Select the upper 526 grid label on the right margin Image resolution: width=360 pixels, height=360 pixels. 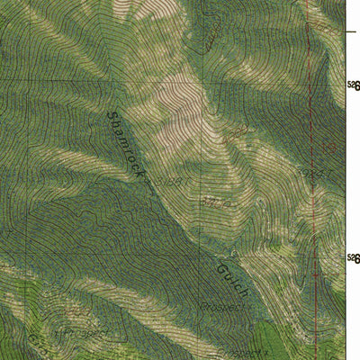click(354, 86)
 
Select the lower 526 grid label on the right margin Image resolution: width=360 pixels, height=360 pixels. click(354, 259)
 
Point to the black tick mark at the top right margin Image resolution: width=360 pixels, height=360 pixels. click(352, 31)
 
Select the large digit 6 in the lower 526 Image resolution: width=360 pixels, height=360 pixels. click(356, 259)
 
